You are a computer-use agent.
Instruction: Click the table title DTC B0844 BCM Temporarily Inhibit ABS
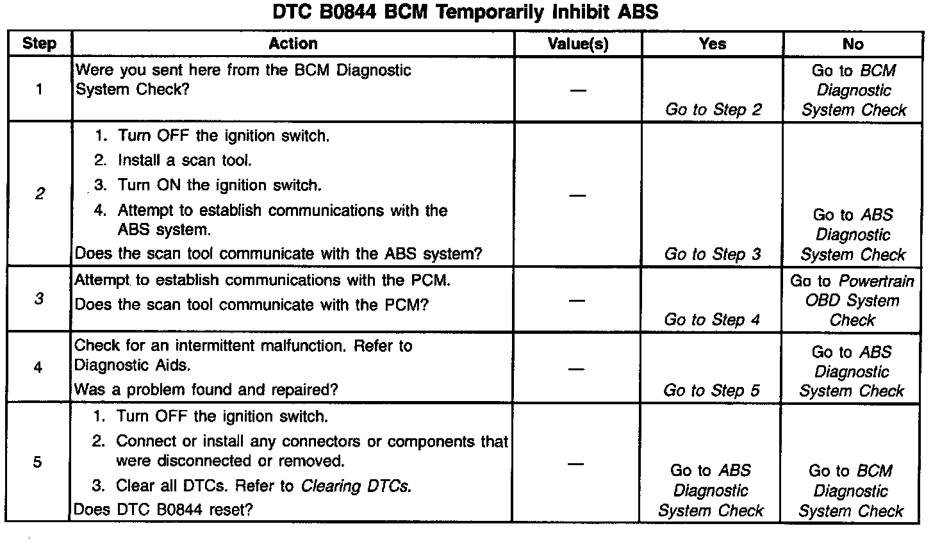[465, 12]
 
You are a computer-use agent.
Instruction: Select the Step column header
[39, 44]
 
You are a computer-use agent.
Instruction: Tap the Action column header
[293, 44]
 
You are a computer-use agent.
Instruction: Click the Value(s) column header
[578, 44]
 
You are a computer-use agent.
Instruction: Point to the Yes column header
[713, 44]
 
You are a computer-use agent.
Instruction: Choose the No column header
[853, 44]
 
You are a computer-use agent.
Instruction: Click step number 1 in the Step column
[39, 89]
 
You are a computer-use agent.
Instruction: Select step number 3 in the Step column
[39, 299]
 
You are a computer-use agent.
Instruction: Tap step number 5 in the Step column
[37, 462]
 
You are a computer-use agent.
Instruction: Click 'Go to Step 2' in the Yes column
[713, 110]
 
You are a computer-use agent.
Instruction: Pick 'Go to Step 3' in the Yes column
[713, 254]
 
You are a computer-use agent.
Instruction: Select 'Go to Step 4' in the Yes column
[712, 320]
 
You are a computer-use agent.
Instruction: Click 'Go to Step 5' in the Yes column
[711, 390]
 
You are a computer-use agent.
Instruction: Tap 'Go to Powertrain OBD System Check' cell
[852, 300]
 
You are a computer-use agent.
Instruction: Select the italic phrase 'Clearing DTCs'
[355, 486]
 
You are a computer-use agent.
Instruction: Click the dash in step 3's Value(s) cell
[577, 300]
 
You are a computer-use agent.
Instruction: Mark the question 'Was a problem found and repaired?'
[206, 390]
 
